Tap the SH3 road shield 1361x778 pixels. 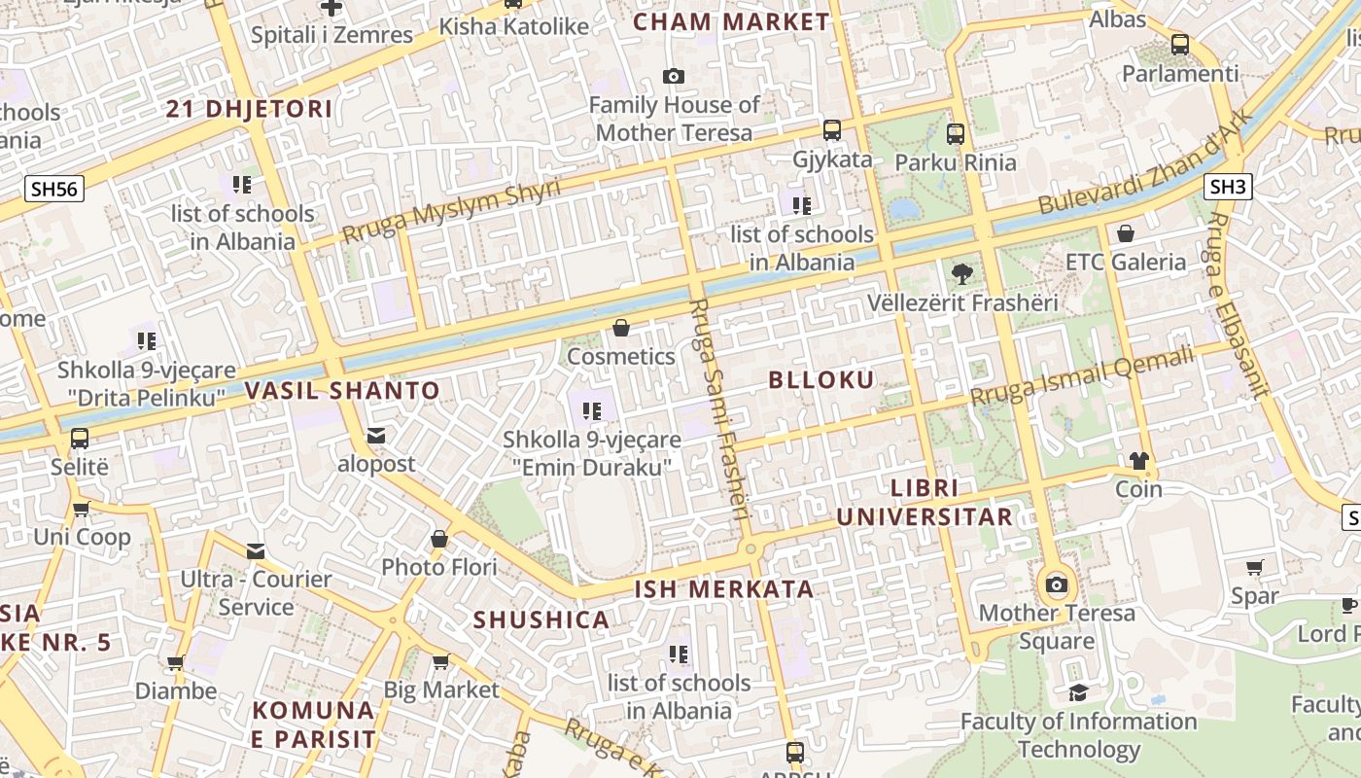click(1228, 187)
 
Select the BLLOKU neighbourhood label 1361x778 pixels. click(821, 379)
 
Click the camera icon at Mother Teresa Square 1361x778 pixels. click(1057, 585)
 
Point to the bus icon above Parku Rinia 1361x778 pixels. click(956, 134)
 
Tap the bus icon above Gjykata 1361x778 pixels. click(832, 130)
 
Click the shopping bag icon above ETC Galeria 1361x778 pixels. click(1126, 233)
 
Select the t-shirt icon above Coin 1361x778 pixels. click(1138, 460)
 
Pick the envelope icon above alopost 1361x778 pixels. click(376, 436)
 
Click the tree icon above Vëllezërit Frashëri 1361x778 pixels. click(962, 274)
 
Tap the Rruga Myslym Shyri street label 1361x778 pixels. click(451, 211)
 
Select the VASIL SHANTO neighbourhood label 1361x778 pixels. click(342, 391)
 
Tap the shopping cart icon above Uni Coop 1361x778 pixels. click(82, 509)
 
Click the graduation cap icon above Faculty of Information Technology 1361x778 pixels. click(1078, 692)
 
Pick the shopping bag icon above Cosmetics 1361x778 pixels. click(621, 328)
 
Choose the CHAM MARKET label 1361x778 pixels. click(731, 21)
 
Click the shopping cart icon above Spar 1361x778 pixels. click(1255, 567)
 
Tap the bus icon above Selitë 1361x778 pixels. click(80, 439)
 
